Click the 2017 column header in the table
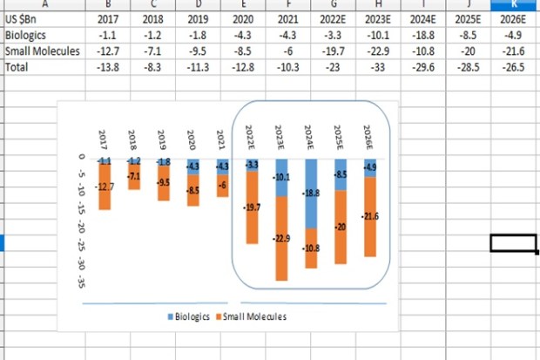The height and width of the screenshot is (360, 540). [x=109, y=19]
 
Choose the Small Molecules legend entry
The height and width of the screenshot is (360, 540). [x=251, y=316]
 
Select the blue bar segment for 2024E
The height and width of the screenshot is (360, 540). [x=310, y=194]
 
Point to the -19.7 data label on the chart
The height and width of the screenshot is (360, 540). [x=251, y=207]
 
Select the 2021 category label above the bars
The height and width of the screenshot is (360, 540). [x=221, y=139]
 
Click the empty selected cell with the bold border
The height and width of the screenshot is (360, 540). [x=513, y=243]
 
